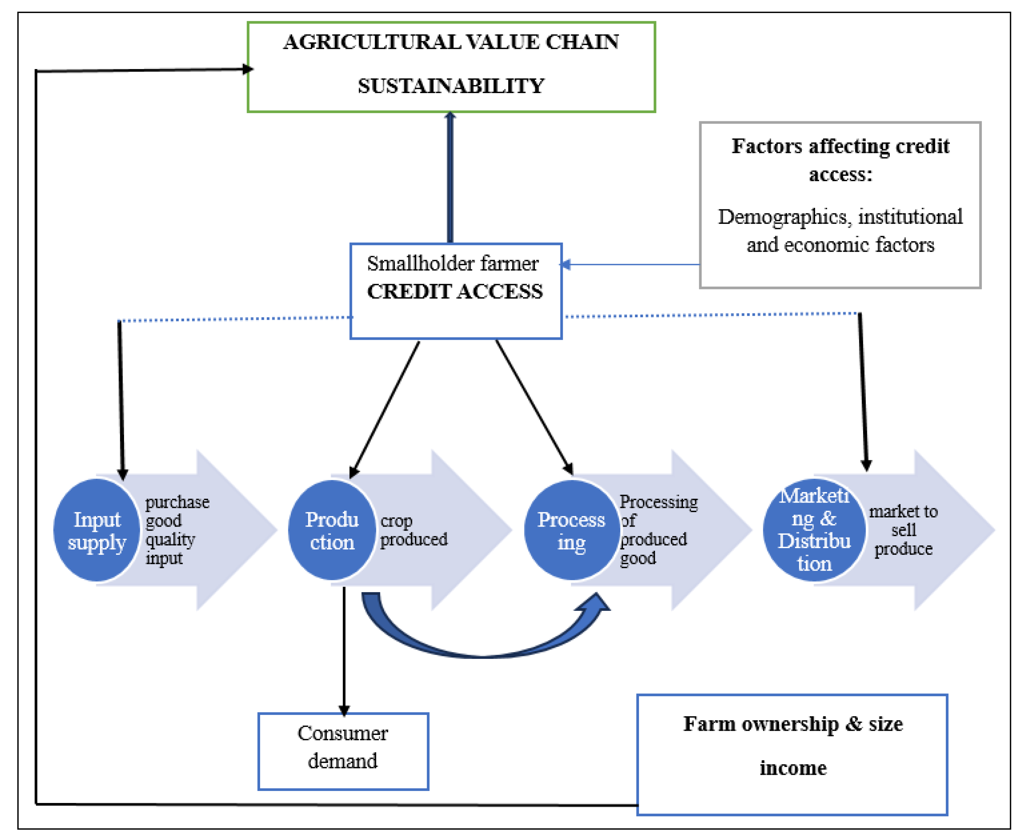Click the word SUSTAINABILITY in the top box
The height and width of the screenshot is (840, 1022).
click(450, 86)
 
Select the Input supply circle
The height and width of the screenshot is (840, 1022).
click(97, 530)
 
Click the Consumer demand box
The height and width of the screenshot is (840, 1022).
click(343, 748)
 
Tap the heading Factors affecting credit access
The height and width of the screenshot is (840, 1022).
click(840, 160)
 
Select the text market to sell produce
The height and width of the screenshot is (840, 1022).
click(903, 530)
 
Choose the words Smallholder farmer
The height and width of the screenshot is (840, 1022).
click(452, 264)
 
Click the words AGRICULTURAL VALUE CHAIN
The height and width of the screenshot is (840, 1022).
click(450, 42)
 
